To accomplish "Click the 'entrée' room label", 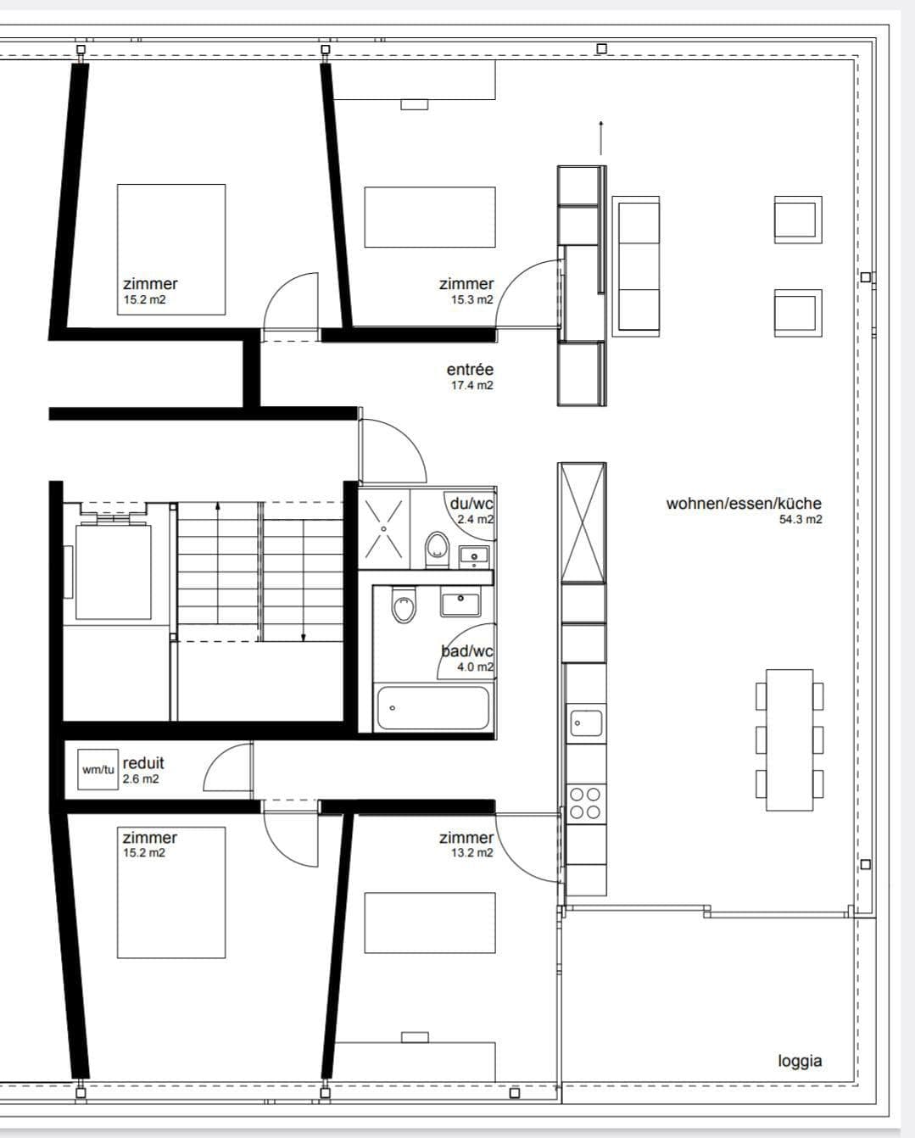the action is tap(470, 369).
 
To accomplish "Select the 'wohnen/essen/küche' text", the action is tap(744, 503).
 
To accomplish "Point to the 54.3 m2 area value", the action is tap(801, 519).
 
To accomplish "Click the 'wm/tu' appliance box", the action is tap(98, 769).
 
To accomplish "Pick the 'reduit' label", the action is tap(143, 763).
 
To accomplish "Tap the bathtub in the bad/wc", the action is tap(433, 708).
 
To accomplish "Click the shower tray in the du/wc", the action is tap(384, 527).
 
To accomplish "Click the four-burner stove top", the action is tap(585, 803).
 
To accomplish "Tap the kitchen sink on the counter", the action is tap(585, 722).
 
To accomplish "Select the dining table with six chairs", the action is tap(789, 739).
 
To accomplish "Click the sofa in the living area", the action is tap(636, 266).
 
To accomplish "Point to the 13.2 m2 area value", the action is tap(471, 852).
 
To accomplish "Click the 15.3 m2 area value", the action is tap(471, 300).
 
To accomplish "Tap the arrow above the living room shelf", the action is tap(601, 138).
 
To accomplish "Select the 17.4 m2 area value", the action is tap(471, 385).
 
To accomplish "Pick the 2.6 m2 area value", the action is tap(141, 779).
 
